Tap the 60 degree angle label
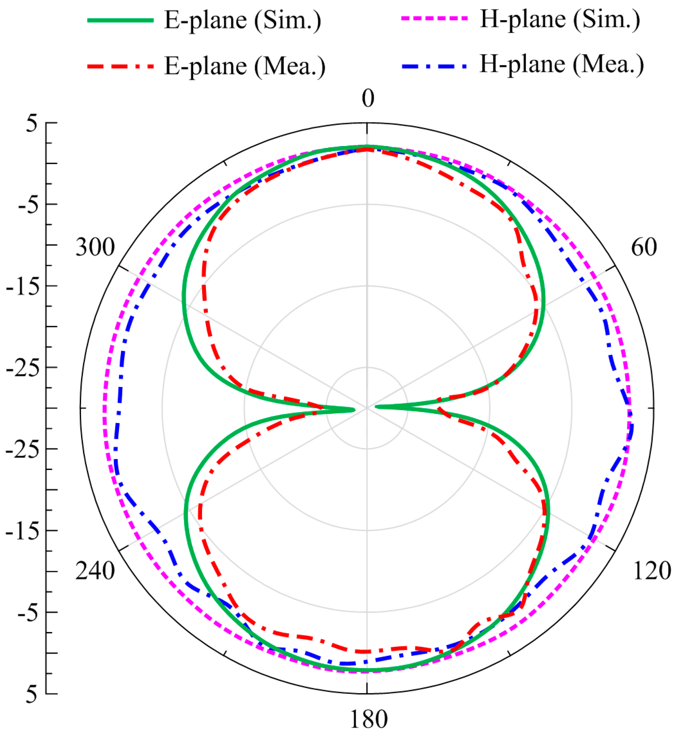point(644,247)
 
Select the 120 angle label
point(652,571)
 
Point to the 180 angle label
point(368,719)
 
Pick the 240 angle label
point(95,571)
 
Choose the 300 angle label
point(95,247)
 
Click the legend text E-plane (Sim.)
point(243,20)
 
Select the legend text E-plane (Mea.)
point(245,66)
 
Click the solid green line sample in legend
point(120,20)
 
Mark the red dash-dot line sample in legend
point(120,66)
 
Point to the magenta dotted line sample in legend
point(434,18)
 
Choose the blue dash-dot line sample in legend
point(434,66)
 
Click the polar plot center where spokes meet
point(367,408)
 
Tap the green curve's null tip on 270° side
point(354,409)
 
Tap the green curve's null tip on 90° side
point(377,406)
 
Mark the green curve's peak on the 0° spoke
point(367,147)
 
